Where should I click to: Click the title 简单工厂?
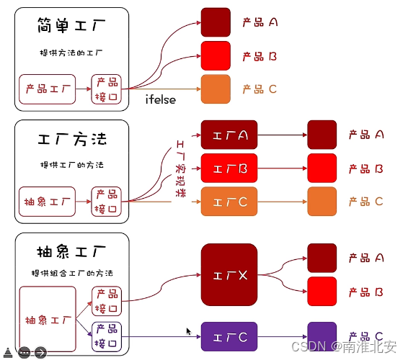(x=71, y=27)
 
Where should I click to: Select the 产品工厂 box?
(x=47, y=89)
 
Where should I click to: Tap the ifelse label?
(x=160, y=99)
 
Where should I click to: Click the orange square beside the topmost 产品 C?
(x=216, y=89)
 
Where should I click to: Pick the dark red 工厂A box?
(x=230, y=135)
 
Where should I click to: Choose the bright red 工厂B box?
(x=230, y=168)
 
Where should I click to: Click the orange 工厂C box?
(x=230, y=202)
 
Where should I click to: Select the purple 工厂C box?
(x=230, y=337)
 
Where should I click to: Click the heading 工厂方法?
(x=71, y=139)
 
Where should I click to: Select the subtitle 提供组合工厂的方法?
(x=71, y=274)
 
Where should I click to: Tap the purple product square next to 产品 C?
(x=321, y=336)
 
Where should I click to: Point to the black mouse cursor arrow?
(x=189, y=331)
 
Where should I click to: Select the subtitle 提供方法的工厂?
(x=71, y=53)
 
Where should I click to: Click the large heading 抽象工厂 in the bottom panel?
(x=71, y=252)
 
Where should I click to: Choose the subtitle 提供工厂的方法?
(x=71, y=164)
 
